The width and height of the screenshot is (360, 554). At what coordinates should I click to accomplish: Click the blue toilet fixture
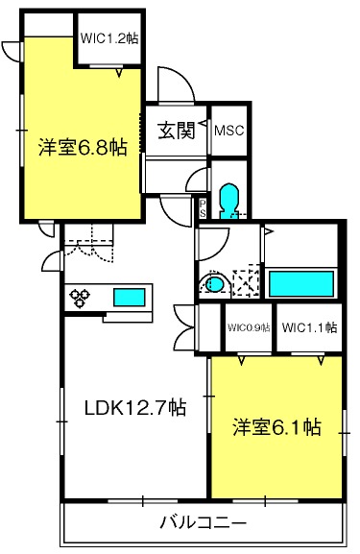coord(228,200)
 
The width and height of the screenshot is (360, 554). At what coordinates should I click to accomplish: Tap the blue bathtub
coord(300,282)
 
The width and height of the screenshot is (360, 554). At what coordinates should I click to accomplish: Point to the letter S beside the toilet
coord(203,213)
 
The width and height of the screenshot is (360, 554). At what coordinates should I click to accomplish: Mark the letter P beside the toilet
coord(203,202)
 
